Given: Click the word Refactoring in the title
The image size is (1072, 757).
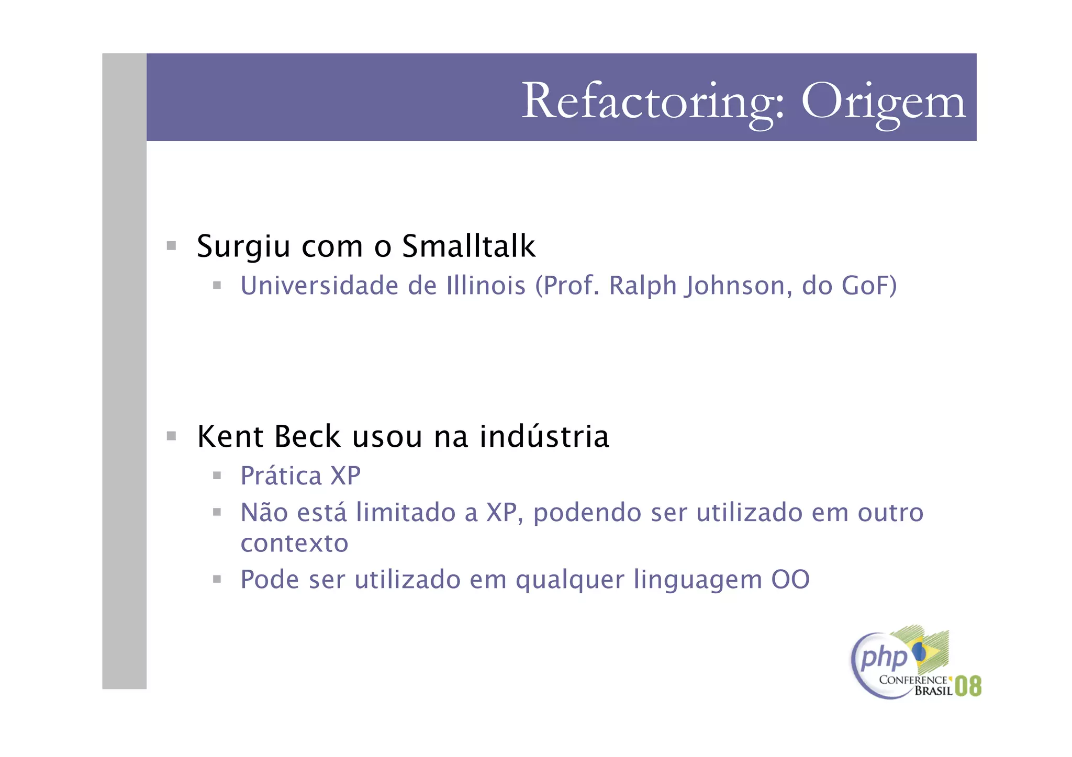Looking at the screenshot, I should (652, 101).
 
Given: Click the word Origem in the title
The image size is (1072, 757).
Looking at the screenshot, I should (883, 101).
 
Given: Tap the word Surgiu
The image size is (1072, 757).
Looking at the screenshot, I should (243, 247).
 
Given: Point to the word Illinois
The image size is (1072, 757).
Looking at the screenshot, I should (486, 286).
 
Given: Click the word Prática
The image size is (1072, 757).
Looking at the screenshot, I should (281, 476).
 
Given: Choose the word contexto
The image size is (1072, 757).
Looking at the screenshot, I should (294, 543).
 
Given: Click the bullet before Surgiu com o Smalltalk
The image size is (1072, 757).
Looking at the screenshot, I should (171, 245).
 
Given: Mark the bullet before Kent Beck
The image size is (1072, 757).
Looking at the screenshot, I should (171, 436).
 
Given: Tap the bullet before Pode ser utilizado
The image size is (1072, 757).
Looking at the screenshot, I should (217, 579).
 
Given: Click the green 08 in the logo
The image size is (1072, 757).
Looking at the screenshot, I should (968, 686).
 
